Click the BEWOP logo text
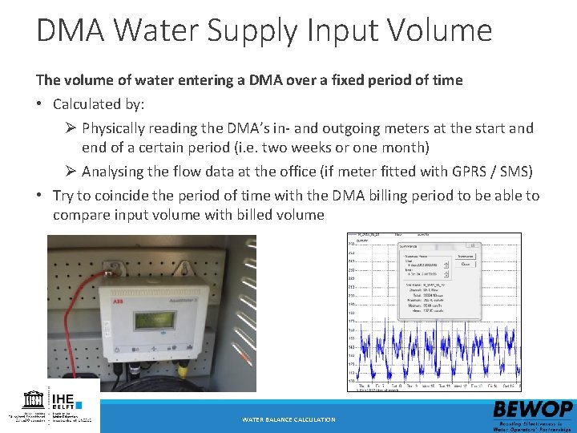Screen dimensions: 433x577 tap(533, 409)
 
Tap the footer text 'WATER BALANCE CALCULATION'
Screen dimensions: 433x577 tap(288, 419)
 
